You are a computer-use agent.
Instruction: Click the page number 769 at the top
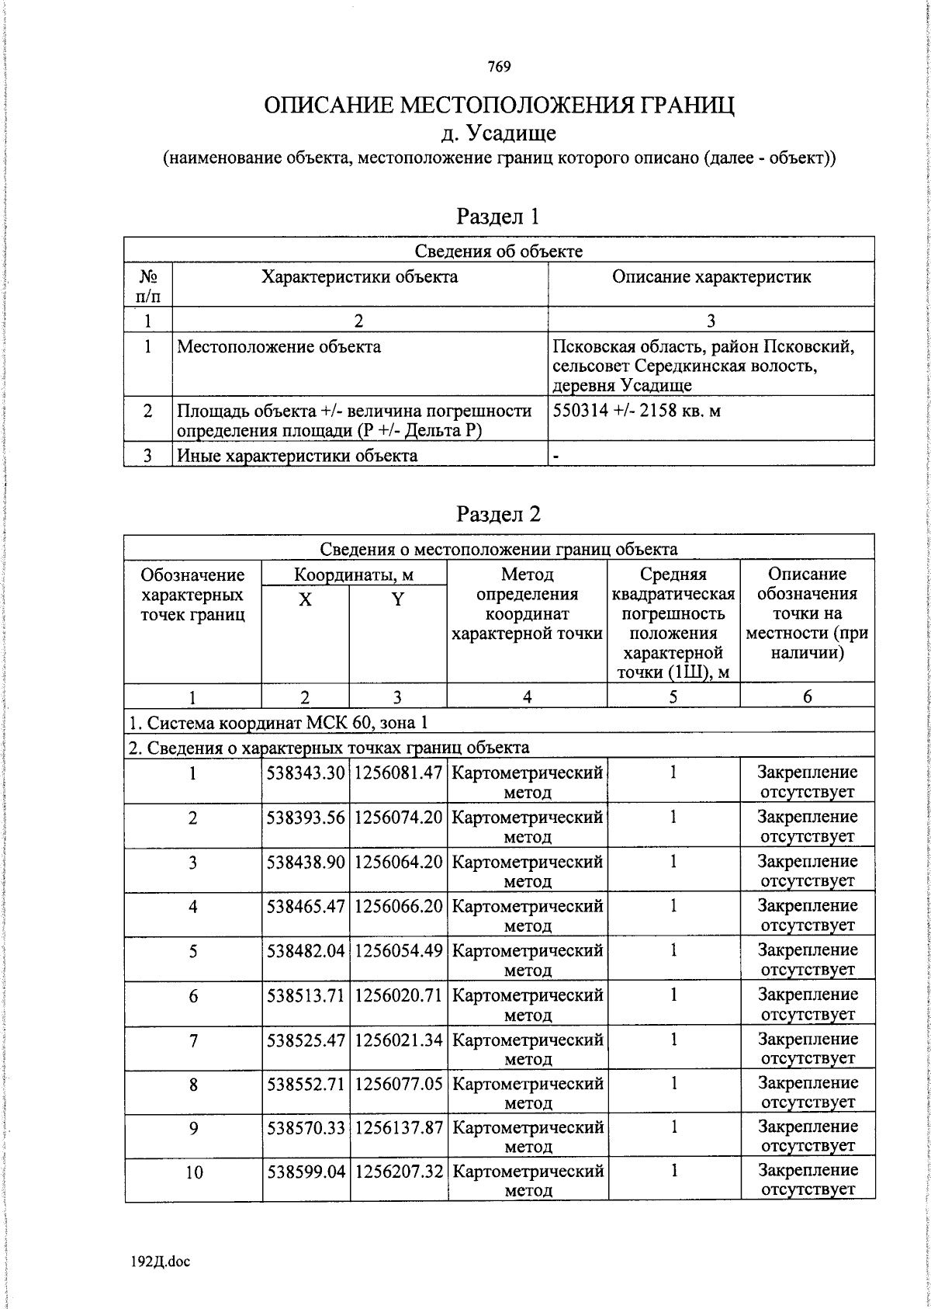point(499,67)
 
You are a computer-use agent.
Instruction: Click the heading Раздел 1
point(497,216)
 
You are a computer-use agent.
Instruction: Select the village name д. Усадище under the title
point(499,133)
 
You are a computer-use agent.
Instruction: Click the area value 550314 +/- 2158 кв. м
point(637,411)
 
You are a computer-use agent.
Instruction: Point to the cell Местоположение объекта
point(279,347)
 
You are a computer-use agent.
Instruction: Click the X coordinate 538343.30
point(306,773)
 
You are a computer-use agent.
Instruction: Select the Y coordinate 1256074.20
point(398,817)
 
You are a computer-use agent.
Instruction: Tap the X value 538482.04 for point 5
point(306,950)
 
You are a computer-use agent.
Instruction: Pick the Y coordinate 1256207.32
point(398,1171)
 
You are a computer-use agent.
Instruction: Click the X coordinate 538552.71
point(306,1083)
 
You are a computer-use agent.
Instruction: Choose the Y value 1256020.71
point(398,995)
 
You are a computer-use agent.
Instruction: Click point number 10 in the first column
point(193,1172)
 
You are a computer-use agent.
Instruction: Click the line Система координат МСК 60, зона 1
point(278,723)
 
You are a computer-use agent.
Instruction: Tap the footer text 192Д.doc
point(161,1261)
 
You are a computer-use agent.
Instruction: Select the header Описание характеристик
point(711,277)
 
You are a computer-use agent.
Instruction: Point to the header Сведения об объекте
point(498,250)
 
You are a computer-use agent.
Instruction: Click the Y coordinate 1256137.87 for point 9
point(398,1127)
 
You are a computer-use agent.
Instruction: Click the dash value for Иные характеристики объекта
point(556,456)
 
